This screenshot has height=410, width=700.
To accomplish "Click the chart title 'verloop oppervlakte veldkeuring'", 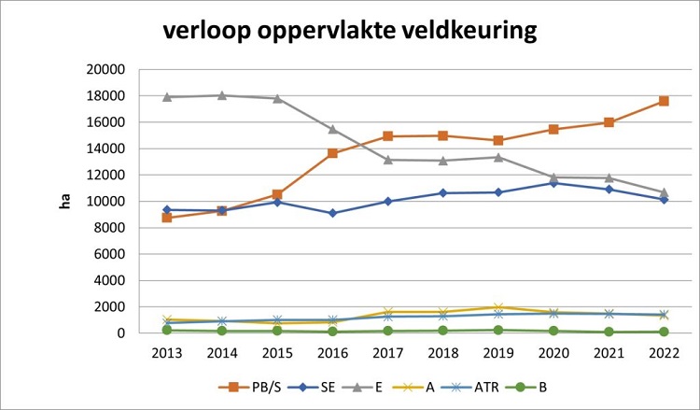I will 350,30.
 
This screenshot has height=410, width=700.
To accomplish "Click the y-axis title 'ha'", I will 65,201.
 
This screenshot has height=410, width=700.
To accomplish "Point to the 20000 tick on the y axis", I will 104,69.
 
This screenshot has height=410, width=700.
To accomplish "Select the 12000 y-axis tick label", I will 104,175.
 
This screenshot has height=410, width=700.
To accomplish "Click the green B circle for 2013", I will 166,330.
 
